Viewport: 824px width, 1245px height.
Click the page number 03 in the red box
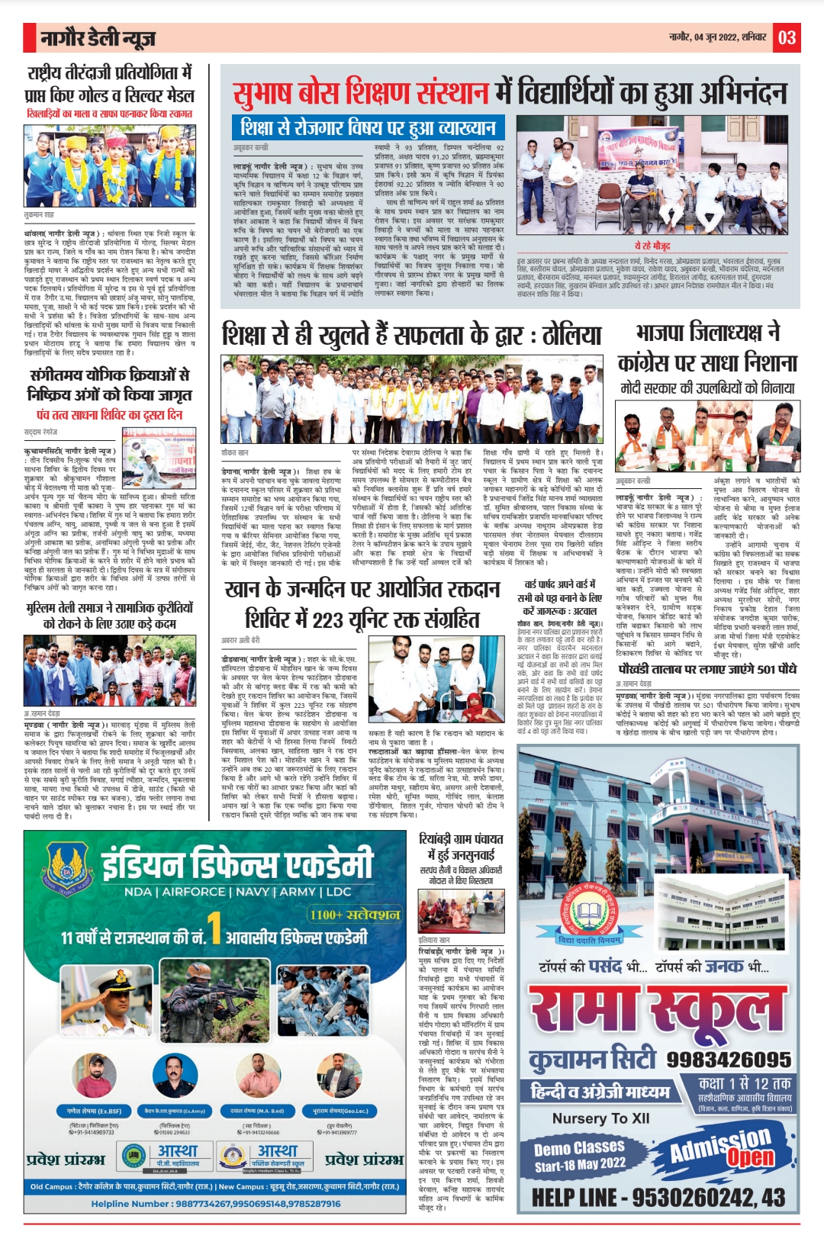pos(787,37)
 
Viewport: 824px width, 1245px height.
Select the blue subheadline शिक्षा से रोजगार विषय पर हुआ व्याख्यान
pos(368,127)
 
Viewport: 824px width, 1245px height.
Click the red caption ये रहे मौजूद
pos(652,246)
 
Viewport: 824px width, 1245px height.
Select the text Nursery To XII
pos(601,1118)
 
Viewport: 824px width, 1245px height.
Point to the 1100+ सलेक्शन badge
pos(354,914)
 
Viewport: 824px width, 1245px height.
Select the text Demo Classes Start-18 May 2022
pos(580,1157)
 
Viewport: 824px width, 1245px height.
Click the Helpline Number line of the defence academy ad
pos(216,1204)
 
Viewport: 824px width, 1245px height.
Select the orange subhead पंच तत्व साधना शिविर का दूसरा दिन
pos(109,415)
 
